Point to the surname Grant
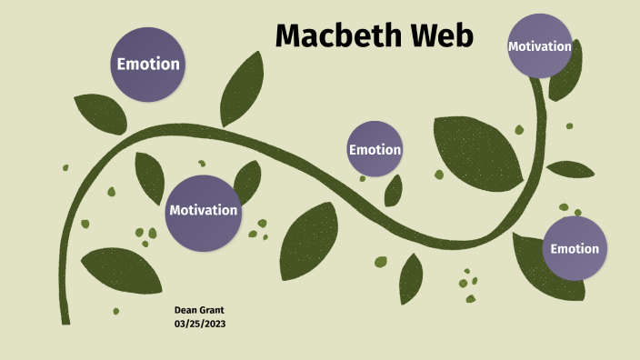[212, 311]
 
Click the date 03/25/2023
[199, 324]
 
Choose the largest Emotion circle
[148, 65]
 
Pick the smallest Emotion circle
[375, 149]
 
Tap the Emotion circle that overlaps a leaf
[575, 248]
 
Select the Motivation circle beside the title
[540, 45]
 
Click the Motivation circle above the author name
[204, 210]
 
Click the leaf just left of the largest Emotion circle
[98, 113]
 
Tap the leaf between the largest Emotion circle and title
[241, 88]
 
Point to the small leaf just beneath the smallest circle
[394, 191]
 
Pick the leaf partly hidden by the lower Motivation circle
[247, 181]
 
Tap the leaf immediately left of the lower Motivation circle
[150, 176]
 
